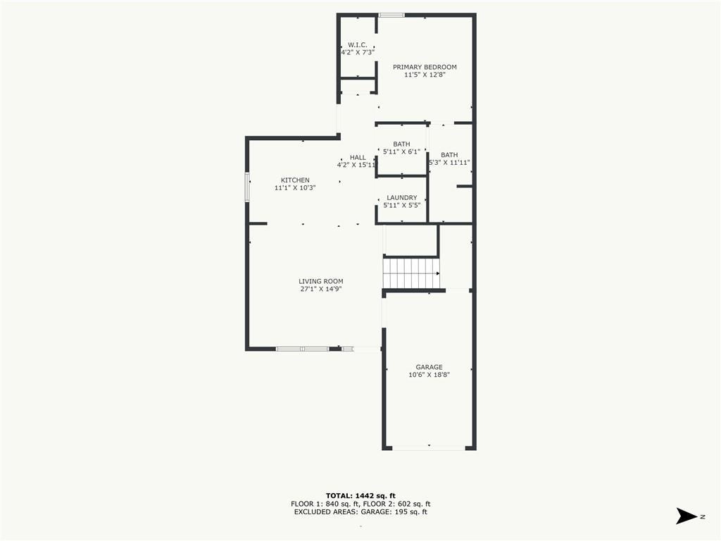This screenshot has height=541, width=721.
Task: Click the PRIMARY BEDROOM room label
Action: click(x=425, y=67)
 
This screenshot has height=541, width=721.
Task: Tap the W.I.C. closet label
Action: click(x=357, y=45)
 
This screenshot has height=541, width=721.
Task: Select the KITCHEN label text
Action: click(x=295, y=180)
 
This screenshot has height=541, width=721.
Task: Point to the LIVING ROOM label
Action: click(x=321, y=282)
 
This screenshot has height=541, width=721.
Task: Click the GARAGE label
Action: click(x=429, y=367)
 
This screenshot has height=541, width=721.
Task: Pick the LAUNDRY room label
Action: click(x=402, y=198)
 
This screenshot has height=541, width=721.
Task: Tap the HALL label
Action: click(x=358, y=157)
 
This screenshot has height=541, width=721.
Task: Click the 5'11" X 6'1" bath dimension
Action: click(x=401, y=152)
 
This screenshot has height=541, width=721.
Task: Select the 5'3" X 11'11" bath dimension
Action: click(x=449, y=163)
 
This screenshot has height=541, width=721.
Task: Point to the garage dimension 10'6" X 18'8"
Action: click(x=429, y=375)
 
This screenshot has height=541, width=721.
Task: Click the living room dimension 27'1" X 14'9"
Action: click(x=321, y=290)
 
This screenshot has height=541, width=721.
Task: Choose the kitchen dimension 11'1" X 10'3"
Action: click(x=295, y=187)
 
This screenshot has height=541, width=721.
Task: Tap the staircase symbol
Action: click(x=411, y=273)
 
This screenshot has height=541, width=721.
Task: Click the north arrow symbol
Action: click(x=686, y=516)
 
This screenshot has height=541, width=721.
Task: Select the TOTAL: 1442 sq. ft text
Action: click(x=360, y=496)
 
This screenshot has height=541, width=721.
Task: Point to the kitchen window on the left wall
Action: click(x=247, y=187)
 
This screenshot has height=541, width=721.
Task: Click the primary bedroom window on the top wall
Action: click(x=391, y=15)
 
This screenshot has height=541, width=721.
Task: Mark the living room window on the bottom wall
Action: click(x=302, y=349)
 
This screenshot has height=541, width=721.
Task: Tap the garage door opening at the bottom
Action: click(x=429, y=447)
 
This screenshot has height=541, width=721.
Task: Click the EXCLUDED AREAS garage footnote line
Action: click(x=360, y=511)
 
